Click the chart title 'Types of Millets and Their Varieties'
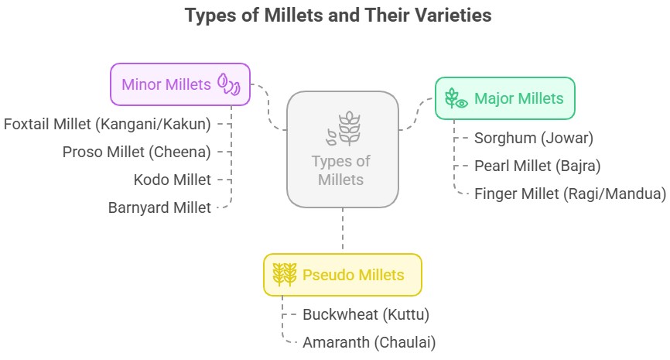pyautogui.click(x=338, y=15)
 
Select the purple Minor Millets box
pyautogui.click(x=180, y=84)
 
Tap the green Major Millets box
pyautogui.click(x=505, y=98)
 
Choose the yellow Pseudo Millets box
pyautogui.click(x=343, y=275)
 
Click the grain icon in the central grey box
pyautogui.click(x=344, y=129)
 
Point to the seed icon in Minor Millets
pyautogui.click(x=229, y=84)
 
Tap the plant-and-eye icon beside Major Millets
pyautogui.click(x=456, y=98)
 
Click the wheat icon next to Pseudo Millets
pyautogui.click(x=285, y=275)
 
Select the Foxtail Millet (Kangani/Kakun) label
pyautogui.click(x=108, y=125)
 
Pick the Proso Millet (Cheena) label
pyautogui.click(x=137, y=153)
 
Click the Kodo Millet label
pyautogui.click(x=173, y=180)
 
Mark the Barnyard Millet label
pyautogui.click(x=159, y=207)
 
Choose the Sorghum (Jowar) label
pyautogui.click(x=534, y=138)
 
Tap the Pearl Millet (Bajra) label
pyautogui.click(x=538, y=166)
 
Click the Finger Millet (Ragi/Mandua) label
pyautogui.click(x=570, y=194)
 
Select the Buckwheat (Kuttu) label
pyautogui.click(x=366, y=314)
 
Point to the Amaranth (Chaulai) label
pyautogui.click(x=369, y=342)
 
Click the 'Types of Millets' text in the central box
pyautogui.click(x=341, y=170)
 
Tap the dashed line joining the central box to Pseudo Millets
pyautogui.click(x=343, y=231)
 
